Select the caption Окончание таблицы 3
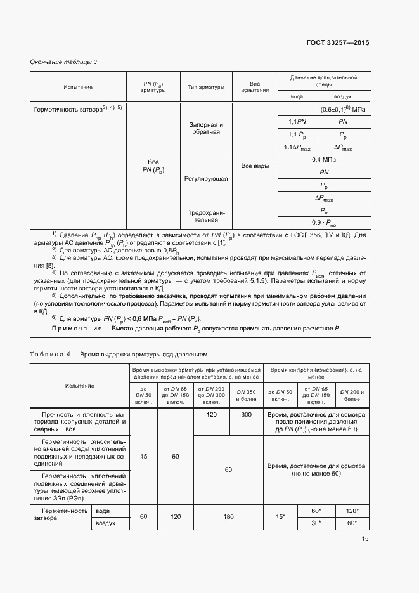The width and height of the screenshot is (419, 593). click(63, 62)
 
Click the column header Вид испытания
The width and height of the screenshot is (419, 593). click(255, 87)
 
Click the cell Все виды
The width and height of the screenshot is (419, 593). click(255, 166)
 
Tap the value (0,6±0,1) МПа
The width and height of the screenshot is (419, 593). click(343, 109)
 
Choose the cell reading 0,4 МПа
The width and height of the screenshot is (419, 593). click(324, 160)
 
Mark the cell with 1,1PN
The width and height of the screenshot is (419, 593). click(297, 121)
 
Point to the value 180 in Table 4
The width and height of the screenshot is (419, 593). click(228, 517)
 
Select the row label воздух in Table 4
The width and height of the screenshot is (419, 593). click(105, 523)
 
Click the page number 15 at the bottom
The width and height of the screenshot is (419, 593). click(365, 539)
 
